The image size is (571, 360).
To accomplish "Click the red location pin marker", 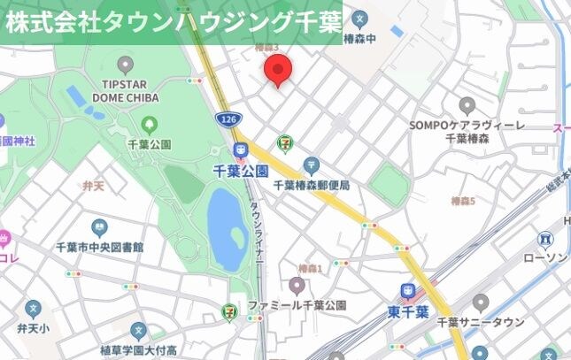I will [x=279, y=68].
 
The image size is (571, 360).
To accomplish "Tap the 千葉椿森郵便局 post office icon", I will [x=311, y=165].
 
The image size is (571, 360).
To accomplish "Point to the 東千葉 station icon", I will [x=408, y=291].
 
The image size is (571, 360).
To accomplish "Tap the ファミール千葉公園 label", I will [x=297, y=305].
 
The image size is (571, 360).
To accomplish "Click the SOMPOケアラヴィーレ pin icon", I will [x=467, y=106].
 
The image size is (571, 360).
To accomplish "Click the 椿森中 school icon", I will [x=359, y=19].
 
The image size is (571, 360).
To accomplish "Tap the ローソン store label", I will [x=544, y=257].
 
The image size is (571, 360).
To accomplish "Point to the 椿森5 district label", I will [x=463, y=202].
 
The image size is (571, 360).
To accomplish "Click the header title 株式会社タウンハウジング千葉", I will [x=173, y=22].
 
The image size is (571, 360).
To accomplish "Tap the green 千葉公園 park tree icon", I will [x=149, y=125].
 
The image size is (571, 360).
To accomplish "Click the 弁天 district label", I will [x=93, y=186].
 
